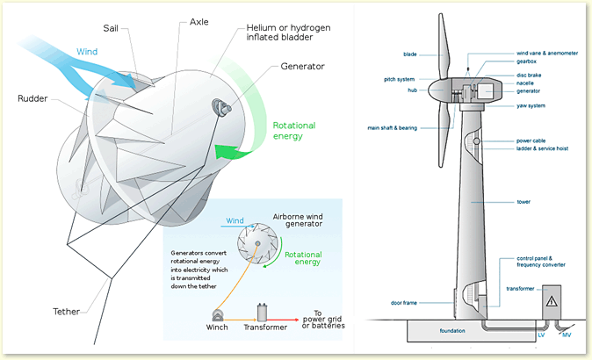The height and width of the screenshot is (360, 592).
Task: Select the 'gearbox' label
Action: click(x=529, y=64)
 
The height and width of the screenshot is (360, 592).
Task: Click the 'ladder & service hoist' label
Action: click(x=545, y=148)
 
